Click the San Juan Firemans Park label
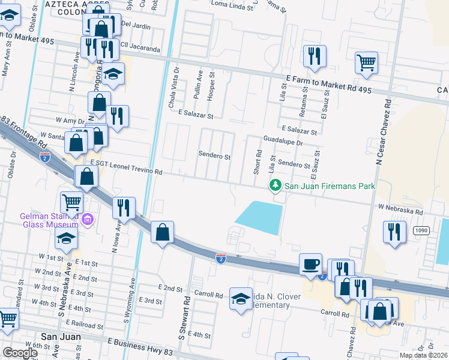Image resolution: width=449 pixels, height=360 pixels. point(330,186)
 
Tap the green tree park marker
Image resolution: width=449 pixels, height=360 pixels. point(276,185)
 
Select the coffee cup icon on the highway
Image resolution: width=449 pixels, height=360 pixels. point(311,264)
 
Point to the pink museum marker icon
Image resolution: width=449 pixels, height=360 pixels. point(88,219)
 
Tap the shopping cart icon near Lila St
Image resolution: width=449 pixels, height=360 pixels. point(366,61)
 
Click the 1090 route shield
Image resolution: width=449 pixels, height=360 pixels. point(421,230)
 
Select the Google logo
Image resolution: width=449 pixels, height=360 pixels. point(20,353)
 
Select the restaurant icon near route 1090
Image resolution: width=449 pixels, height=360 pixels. point(394,232)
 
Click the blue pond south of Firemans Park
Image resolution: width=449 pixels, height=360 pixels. point(259,217)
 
